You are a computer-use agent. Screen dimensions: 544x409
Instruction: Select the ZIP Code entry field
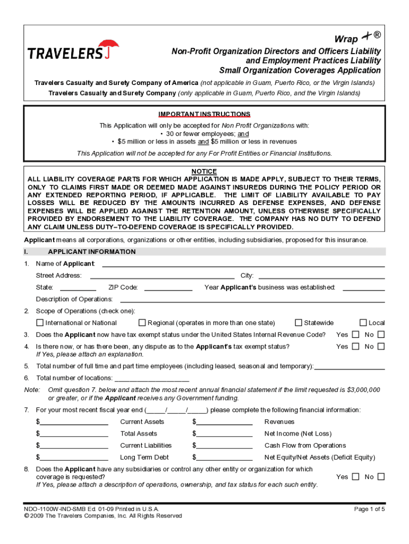click(168, 287)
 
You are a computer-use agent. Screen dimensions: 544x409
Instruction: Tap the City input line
click(321, 275)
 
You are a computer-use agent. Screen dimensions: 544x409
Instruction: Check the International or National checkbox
click(40, 322)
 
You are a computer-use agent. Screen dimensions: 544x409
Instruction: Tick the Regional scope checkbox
click(142, 322)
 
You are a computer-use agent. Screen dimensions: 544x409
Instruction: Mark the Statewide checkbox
click(299, 322)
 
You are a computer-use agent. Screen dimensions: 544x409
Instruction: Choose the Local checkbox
click(363, 322)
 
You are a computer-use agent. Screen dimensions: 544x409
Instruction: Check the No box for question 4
click(381, 346)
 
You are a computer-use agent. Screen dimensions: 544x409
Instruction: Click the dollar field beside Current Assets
click(74, 422)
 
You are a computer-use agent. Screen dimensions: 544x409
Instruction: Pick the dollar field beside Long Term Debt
click(74, 457)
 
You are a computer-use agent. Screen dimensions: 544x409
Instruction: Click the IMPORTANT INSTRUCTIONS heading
click(204, 114)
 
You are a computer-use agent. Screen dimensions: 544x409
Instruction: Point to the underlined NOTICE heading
click(204, 171)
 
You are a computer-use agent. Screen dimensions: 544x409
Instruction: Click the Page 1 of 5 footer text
click(369, 509)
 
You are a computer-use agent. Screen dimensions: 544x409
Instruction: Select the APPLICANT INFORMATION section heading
click(91, 252)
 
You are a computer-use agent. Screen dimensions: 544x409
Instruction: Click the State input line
click(78, 287)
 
